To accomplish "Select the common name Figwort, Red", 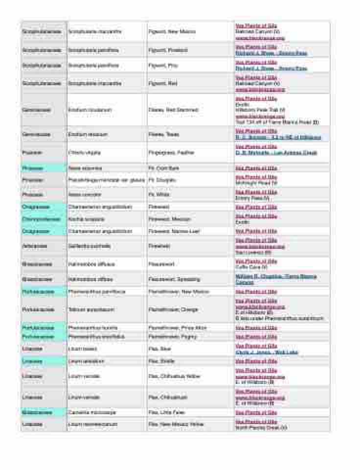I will click(163, 83).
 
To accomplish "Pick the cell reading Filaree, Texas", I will click(164, 134).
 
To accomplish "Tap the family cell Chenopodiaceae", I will click(44, 219).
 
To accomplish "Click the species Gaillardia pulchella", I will click(90, 246).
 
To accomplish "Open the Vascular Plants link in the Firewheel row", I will click(256, 240).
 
